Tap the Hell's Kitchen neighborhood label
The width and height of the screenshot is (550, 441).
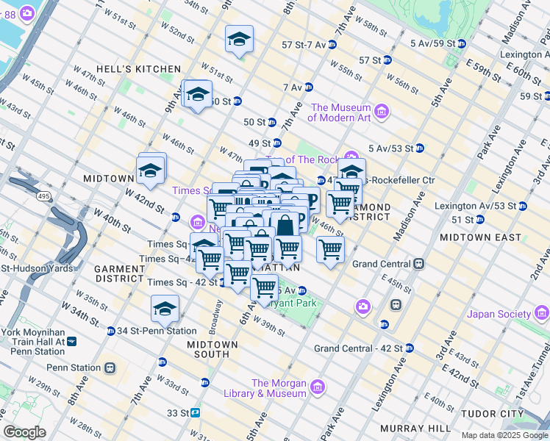pyautogui.click(x=143, y=69)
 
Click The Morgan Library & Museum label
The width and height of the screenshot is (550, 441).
pyautogui.click(x=279, y=387)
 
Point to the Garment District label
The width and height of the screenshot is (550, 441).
pyautogui.click(x=119, y=274)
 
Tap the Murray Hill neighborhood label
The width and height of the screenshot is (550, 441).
pyautogui.click(x=414, y=428)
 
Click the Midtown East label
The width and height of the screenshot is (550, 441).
pyautogui.click(x=472, y=238)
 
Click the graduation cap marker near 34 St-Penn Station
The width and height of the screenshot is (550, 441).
pyautogui.click(x=165, y=309)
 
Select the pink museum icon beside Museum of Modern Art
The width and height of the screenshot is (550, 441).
pyautogui.click(x=382, y=111)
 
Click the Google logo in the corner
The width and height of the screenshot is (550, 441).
pyautogui.click(x=24, y=432)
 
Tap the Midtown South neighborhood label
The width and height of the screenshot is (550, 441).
pyautogui.click(x=212, y=349)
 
